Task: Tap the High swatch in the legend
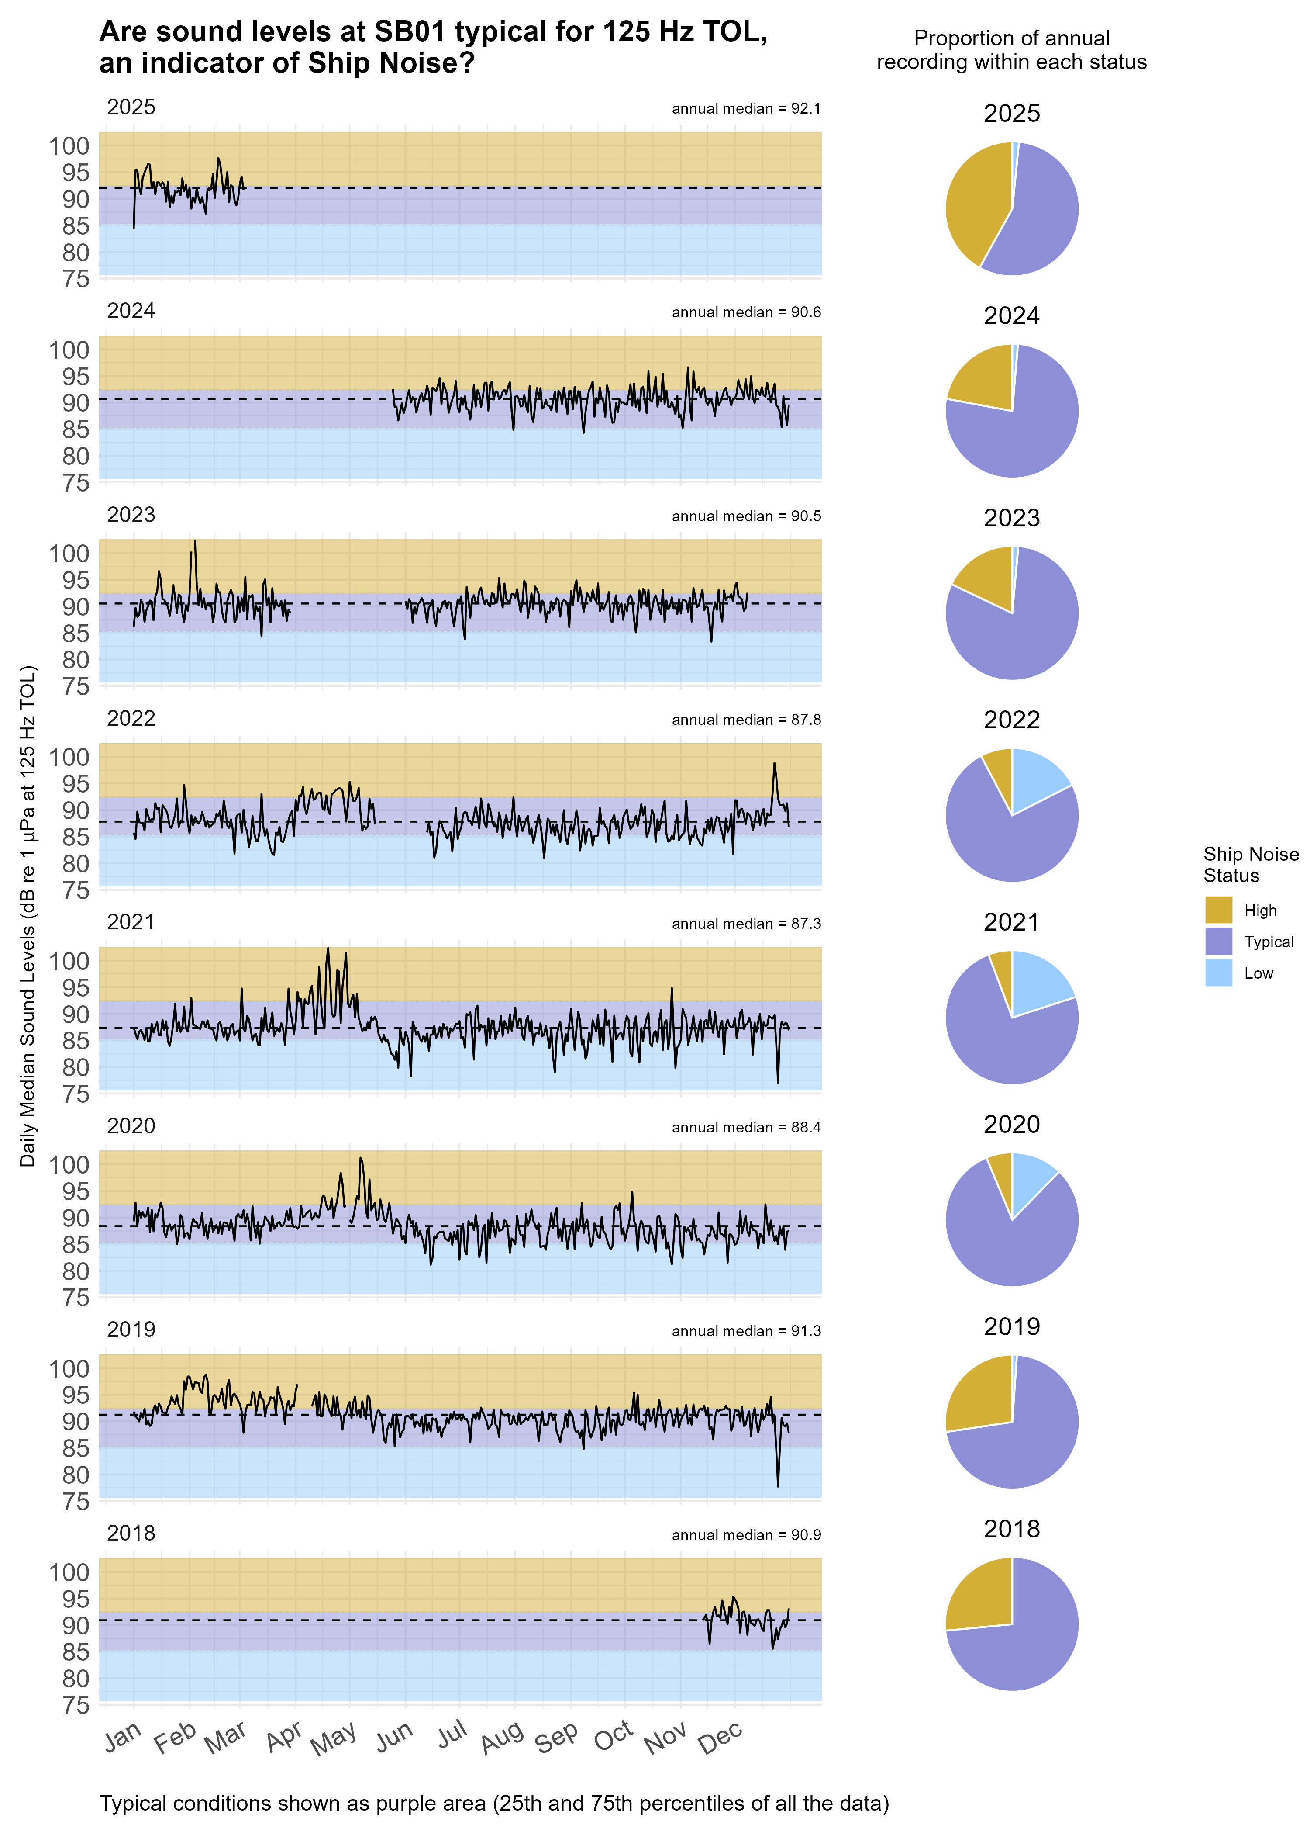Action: (x=1218, y=910)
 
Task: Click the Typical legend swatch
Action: (x=1218, y=941)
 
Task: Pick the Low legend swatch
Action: (x=1218, y=973)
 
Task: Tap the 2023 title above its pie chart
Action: (x=1012, y=518)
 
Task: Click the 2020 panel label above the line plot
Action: (x=131, y=1126)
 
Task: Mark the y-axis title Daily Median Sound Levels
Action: (x=28, y=916)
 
